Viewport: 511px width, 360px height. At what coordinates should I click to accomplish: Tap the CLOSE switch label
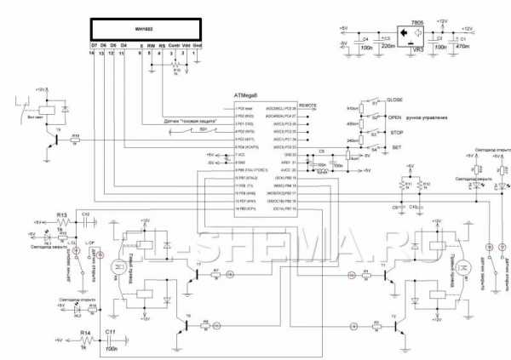[394, 100]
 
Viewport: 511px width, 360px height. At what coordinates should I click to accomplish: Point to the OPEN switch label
[393, 117]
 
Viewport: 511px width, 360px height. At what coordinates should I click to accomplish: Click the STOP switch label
[393, 134]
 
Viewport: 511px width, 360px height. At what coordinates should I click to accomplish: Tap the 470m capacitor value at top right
[464, 49]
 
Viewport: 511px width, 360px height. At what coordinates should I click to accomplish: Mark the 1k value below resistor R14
[83, 347]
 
